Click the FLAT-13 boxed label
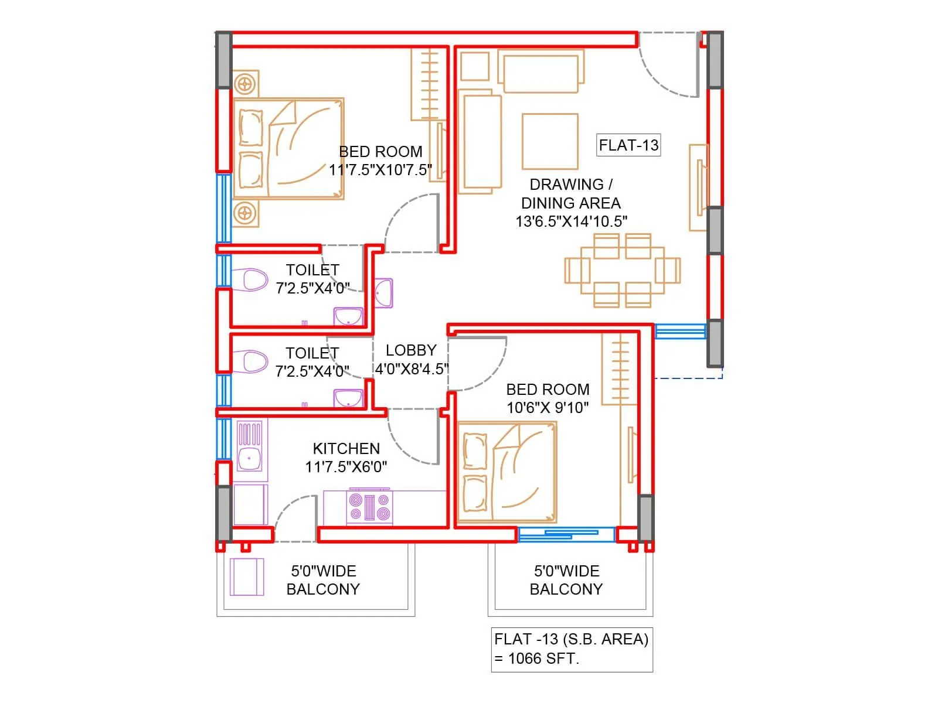point(628,145)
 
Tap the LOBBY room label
point(411,350)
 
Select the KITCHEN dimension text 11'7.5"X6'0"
point(346,467)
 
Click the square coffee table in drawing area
point(550,141)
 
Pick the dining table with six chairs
point(623,271)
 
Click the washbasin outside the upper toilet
point(383,292)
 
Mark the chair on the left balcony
point(247,577)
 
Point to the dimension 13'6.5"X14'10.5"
point(572,221)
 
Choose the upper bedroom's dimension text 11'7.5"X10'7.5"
point(380,170)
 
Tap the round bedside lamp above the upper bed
point(246,84)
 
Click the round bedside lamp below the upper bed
point(246,213)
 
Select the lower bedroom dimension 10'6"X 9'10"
point(548,408)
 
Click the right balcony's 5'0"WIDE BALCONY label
point(566,580)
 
